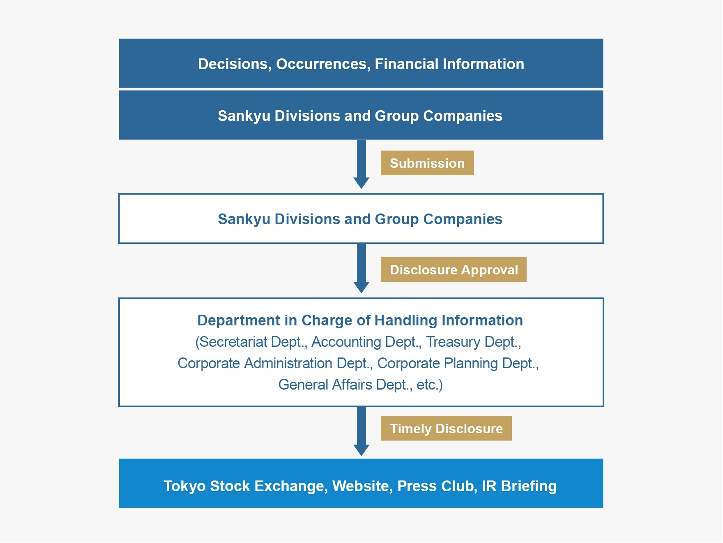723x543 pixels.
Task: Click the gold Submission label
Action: click(x=427, y=163)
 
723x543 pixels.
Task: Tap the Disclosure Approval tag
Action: click(x=454, y=269)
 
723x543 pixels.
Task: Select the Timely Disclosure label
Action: click(x=446, y=428)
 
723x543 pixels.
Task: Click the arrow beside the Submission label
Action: click(x=361, y=164)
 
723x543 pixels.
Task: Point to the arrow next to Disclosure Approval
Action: click(x=361, y=268)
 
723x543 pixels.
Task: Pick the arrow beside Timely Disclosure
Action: click(x=361, y=431)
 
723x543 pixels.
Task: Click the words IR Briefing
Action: click(x=519, y=486)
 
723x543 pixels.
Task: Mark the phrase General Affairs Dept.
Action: click(x=345, y=385)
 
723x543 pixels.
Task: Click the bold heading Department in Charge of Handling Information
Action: click(x=360, y=320)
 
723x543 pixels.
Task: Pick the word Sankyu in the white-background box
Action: click(x=244, y=219)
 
